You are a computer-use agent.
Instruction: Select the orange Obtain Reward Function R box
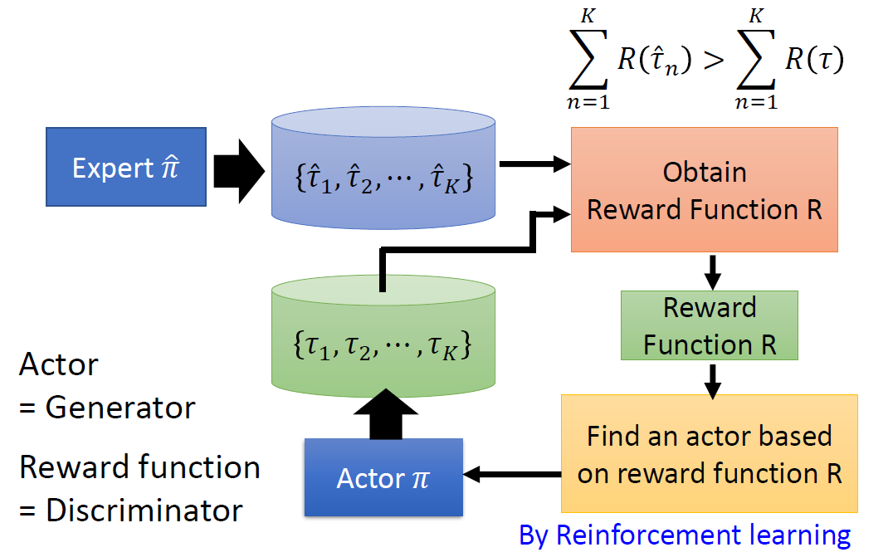(704, 190)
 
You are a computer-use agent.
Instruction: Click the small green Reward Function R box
(709, 325)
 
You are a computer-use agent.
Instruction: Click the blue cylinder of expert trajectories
(383, 170)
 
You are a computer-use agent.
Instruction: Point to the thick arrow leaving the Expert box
(237, 169)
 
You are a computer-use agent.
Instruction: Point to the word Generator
(120, 408)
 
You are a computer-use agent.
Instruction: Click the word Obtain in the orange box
(705, 173)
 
